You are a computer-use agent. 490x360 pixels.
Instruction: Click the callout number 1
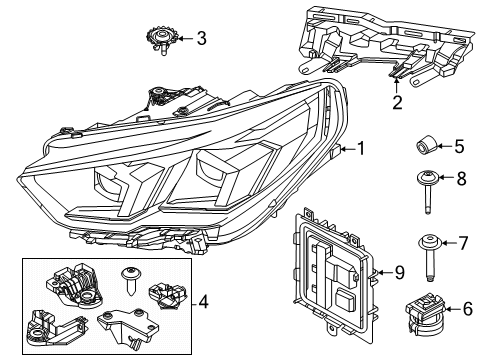pos(361,149)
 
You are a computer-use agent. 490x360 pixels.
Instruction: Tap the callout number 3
pos(201,39)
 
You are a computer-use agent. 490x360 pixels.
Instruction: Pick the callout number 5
pos(460,147)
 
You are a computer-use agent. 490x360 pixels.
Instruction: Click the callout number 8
pos(460,180)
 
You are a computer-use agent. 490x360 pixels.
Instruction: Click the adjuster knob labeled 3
pos(159,39)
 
